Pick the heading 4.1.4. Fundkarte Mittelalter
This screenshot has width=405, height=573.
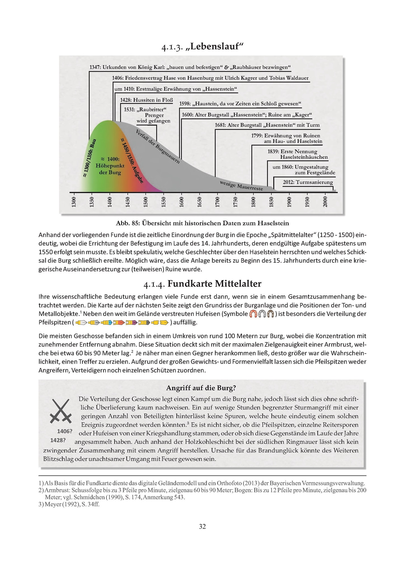202,284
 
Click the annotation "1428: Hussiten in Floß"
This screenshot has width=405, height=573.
146,100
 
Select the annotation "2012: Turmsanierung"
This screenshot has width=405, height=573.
308,182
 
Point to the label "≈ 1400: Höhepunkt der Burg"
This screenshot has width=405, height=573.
110,166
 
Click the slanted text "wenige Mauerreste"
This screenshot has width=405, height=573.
241,186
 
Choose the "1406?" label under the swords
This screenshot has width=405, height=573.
65,431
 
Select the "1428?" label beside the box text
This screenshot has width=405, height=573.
58,440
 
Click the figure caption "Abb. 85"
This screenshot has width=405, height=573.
202,223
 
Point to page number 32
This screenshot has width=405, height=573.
202,527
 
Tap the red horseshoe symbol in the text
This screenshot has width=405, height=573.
253,314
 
